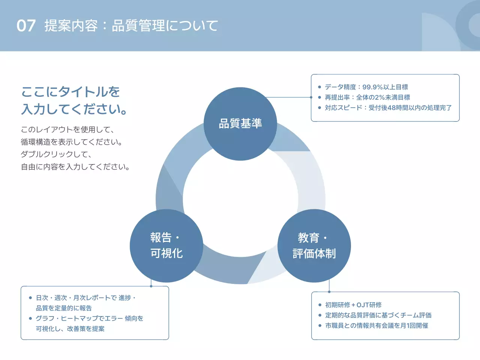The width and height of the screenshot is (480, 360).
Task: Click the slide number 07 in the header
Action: click(x=26, y=25)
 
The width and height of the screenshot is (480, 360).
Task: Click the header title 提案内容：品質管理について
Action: click(x=131, y=25)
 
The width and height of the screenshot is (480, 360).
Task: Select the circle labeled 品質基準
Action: click(x=240, y=124)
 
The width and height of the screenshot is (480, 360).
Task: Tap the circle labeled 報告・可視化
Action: click(x=166, y=246)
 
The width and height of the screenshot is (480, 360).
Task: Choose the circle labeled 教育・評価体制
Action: click(x=314, y=246)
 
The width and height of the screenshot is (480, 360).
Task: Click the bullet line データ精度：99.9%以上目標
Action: click(x=366, y=87)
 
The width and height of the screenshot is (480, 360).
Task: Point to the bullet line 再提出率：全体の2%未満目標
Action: click(x=367, y=97)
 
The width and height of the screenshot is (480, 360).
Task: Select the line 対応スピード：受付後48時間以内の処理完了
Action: click(x=388, y=108)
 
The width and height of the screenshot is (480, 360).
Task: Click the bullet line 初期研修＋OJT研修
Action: click(x=353, y=305)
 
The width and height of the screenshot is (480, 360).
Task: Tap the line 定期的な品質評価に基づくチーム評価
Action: click(x=378, y=315)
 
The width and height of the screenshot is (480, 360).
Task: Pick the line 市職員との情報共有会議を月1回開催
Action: click(x=376, y=326)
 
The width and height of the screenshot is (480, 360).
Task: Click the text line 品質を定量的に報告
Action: click(x=64, y=308)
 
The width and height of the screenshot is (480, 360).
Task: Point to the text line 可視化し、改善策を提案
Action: click(x=70, y=329)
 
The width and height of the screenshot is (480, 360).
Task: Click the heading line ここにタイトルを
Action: click(x=70, y=92)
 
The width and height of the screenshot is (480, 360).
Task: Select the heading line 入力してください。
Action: click(x=74, y=109)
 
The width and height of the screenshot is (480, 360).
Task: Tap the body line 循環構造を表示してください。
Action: click(x=72, y=142)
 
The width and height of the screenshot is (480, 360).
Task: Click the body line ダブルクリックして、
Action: click(x=56, y=154)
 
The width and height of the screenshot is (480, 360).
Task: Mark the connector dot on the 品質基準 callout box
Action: click(x=311, y=97)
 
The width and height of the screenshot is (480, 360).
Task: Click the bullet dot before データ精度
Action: click(x=319, y=87)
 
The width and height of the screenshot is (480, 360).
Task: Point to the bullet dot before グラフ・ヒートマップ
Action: click(x=30, y=318)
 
